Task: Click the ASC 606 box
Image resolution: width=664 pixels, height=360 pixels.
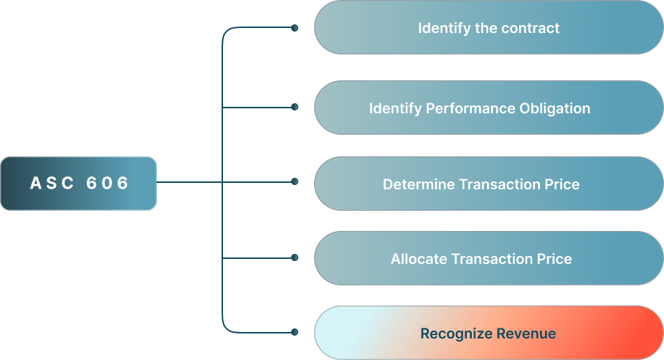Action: pos(78,183)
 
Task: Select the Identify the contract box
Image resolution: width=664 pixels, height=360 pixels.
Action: pos(488,28)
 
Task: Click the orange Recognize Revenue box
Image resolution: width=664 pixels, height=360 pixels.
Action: pos(488,333)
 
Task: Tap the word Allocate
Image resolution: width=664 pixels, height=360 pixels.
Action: pos(419,259)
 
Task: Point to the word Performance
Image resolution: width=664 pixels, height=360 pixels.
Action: pos(463,108)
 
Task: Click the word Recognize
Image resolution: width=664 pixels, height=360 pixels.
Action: pos(450,333)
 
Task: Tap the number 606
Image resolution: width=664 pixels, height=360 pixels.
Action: pos(108,183)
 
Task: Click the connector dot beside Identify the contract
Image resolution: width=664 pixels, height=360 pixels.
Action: pos(294,29)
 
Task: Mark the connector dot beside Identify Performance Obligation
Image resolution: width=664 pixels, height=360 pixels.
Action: pos(294,108)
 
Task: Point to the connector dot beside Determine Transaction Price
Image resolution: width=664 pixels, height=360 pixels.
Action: pos(294,182)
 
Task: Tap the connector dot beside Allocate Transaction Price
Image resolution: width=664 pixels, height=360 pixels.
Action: pos(294,257)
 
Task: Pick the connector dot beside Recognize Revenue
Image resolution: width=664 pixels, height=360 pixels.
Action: pos(294,332)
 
